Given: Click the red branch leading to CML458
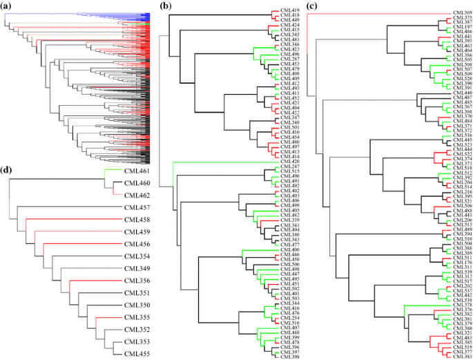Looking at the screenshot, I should [69, 220].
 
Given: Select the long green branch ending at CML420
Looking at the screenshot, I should [221, 162].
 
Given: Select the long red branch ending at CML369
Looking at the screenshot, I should [380, 12].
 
